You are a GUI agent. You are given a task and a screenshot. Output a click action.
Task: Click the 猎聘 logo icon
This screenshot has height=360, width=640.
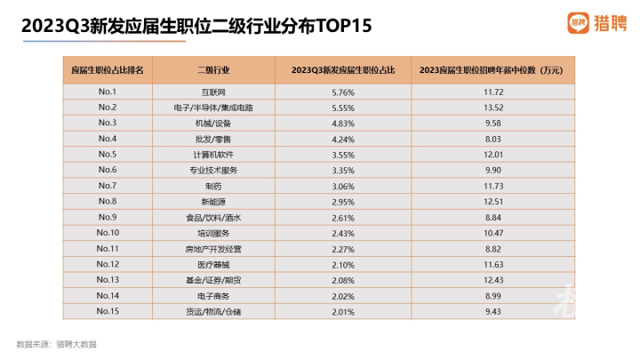578,23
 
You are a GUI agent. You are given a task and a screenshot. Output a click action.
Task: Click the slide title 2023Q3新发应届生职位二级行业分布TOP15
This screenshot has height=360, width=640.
196,26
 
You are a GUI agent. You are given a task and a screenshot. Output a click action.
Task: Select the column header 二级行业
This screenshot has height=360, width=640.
213,70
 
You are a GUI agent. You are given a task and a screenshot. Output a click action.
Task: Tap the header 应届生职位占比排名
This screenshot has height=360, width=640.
108,70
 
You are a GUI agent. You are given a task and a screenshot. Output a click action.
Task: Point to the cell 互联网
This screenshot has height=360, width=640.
213,92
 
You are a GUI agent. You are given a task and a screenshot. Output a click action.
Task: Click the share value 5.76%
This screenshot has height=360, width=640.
343,92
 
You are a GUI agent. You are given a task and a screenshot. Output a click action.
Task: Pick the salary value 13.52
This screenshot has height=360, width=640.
493,108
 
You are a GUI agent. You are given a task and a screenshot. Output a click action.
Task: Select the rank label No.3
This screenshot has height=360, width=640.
108,123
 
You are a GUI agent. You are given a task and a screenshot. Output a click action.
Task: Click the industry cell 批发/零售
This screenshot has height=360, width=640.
213,140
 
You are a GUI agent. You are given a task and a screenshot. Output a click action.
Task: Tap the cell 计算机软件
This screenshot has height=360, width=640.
213,155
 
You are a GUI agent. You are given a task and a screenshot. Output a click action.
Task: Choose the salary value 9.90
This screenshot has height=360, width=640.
493,170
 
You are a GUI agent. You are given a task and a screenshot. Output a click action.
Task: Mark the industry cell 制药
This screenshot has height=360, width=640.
213,186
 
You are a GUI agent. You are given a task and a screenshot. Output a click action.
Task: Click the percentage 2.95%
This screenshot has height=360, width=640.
343,202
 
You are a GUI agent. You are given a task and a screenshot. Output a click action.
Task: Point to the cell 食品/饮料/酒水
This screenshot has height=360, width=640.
213,218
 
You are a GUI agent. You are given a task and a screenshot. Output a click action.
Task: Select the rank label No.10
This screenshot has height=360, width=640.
108,233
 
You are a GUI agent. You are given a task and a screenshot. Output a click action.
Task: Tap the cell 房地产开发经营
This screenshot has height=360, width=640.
213,249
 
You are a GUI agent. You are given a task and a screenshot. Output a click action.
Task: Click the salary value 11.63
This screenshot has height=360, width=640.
493,265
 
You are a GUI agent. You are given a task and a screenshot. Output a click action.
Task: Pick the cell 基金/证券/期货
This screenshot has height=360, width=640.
213,280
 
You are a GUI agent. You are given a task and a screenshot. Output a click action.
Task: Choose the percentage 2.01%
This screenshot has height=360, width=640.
343,312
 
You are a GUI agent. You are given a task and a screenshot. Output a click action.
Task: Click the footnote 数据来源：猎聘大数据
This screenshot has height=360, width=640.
56,345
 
